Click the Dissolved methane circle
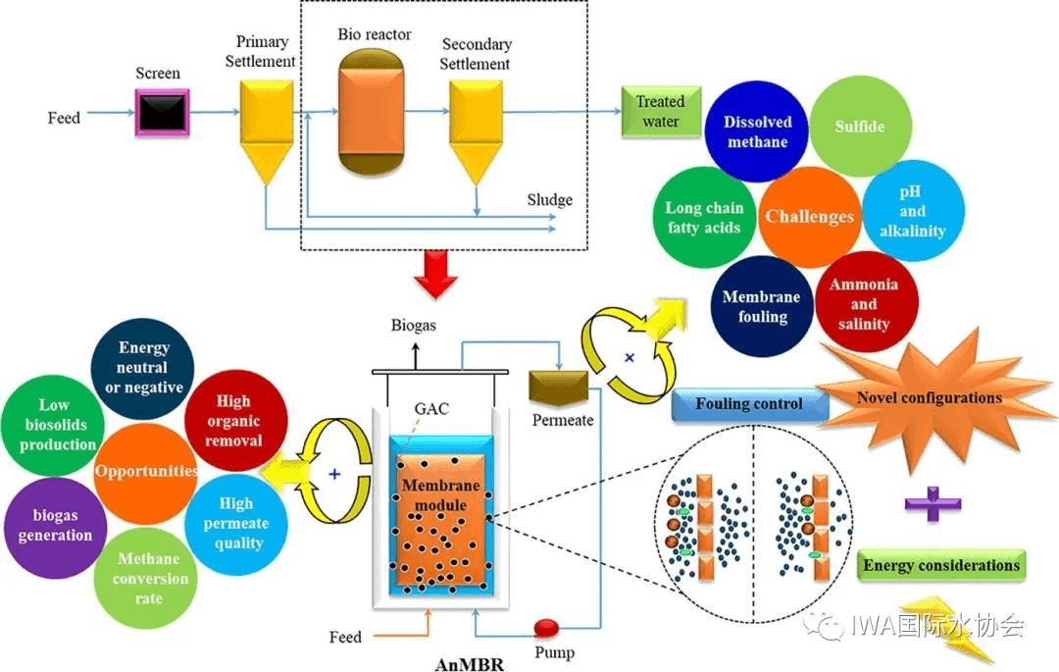point(756,132)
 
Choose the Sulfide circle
point(859,128)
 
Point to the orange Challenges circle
point(809,216)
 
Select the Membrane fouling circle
point(762,306)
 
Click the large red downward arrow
point(435,272)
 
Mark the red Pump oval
point(547,627)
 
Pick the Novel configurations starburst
point(927,397)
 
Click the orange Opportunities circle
point(146,471)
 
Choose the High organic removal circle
point(233,421)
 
